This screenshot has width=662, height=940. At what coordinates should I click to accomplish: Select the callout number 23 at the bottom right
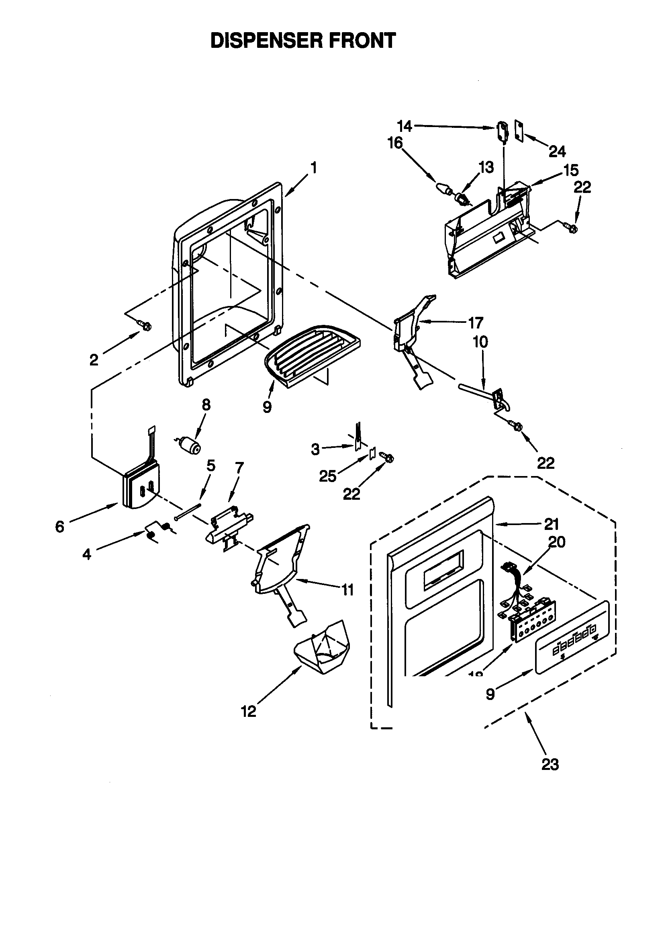point(550,764)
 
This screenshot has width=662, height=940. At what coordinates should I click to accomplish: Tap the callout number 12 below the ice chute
point(248,711)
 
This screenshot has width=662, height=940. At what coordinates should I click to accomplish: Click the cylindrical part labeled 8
point(191,445)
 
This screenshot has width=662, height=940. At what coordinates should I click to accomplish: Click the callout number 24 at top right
point(557,152)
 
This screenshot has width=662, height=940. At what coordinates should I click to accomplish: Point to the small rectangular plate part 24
point(519,131)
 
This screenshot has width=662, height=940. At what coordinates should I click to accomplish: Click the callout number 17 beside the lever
point(476,322)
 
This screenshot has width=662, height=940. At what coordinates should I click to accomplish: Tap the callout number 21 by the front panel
point(551,523)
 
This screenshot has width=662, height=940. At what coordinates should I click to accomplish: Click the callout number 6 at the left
point(60,527)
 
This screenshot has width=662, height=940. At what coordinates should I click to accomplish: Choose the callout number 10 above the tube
point(480,341)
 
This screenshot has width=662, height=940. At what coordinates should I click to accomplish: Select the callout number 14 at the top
point(404,126)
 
